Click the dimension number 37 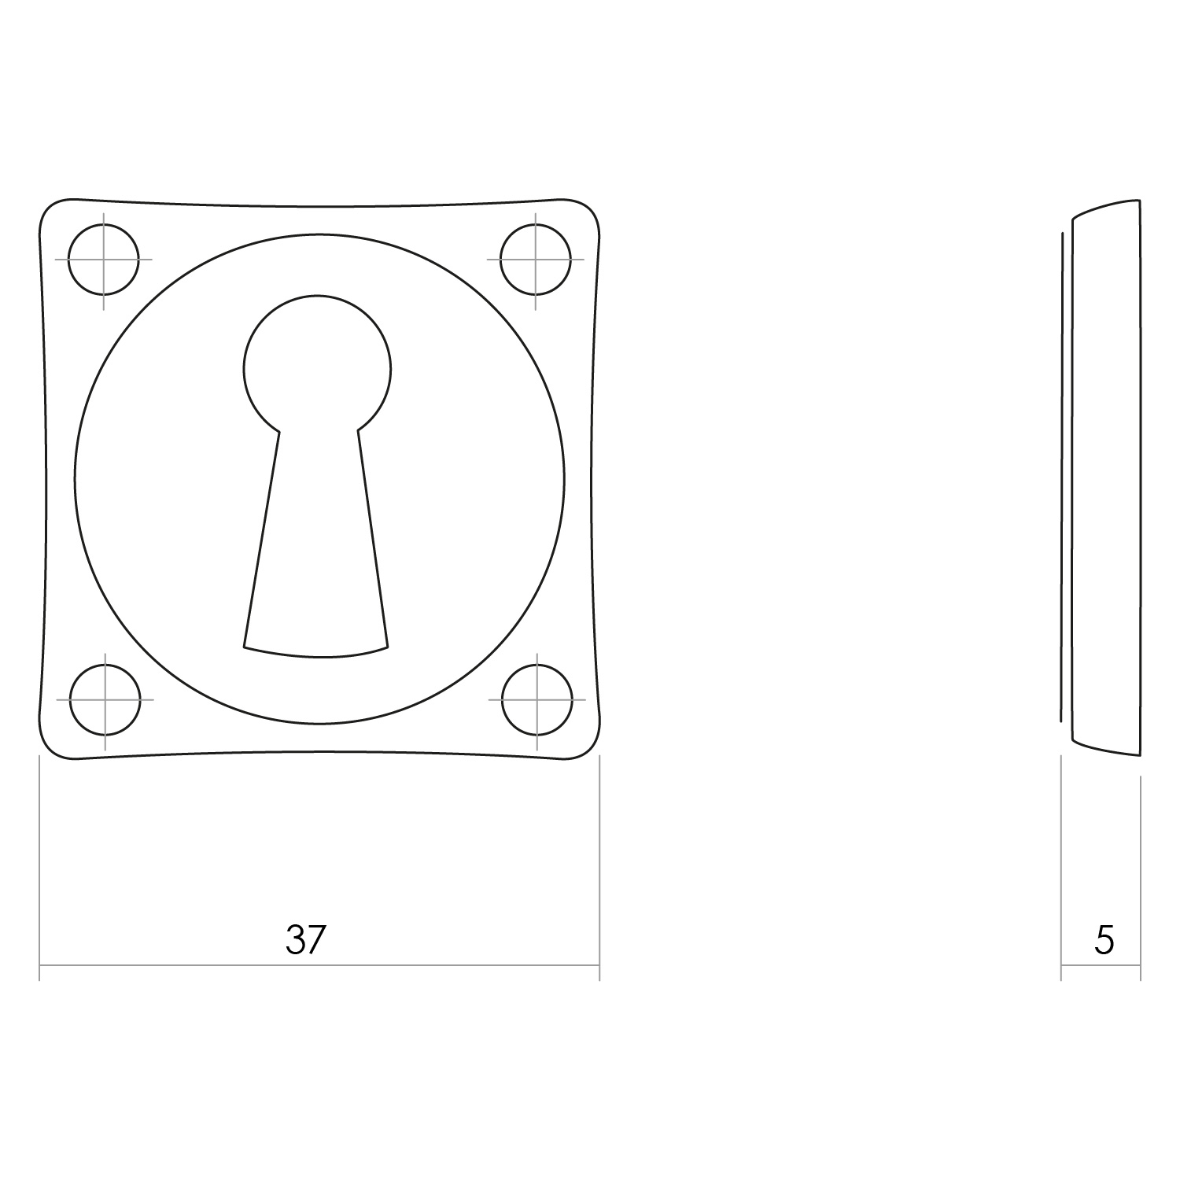pos(305,939)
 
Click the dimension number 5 pos(1104,939)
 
